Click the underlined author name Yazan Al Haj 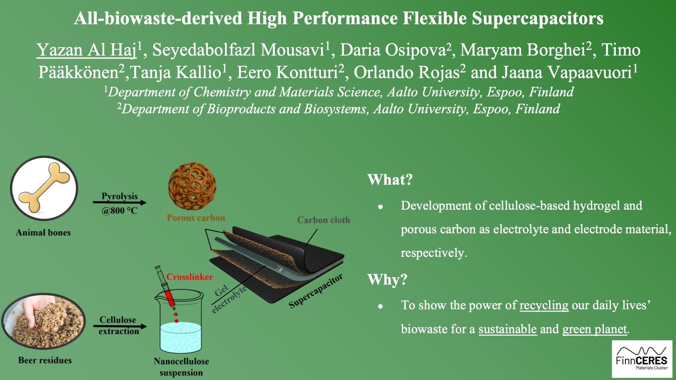tap(86, 50)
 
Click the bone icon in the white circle tap(44, 188)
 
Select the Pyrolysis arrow tap(120, 203)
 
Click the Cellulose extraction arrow tap(120, 326)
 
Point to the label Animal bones tap(43, 233)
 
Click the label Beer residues tap(45, 360)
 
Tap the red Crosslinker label tap(190, 277)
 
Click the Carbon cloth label tap(324, 220)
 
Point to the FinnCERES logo tap(642, 359)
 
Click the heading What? tap(390, 180)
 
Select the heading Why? tap(387, 280)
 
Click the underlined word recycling tap(544, 305)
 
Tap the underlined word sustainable tap(507, 329)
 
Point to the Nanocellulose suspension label tap(181, 367)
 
